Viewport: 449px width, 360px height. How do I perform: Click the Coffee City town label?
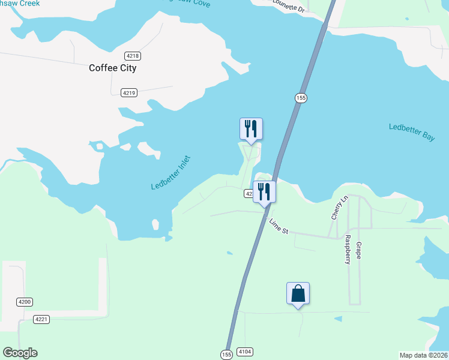click(112, 68)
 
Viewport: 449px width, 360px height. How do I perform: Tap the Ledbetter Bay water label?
click(411, 131)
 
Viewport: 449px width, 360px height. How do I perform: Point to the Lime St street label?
click(279, 226)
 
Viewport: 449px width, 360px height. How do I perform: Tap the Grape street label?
click(358, 251)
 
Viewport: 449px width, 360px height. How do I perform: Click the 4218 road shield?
click(133, 56)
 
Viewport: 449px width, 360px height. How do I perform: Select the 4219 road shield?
click(128, 92)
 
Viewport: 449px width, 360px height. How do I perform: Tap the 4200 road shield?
click(25, 302)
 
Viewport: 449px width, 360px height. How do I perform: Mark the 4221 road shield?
click(41, 319)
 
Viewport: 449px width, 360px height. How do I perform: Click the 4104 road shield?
click(245, 352)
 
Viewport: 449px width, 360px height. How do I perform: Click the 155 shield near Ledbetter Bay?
click(301, 98)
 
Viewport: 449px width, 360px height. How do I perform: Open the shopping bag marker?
click(298, 294)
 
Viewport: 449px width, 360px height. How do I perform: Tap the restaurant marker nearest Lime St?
click(264, 193)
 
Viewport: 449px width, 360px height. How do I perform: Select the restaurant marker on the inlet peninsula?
click(251, 129)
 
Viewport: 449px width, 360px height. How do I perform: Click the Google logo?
click(20, 353)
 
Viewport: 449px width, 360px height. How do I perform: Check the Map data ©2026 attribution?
click(423, 355)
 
